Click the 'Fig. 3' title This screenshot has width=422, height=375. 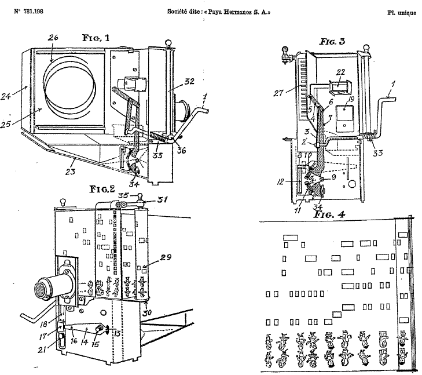[332, 42]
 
